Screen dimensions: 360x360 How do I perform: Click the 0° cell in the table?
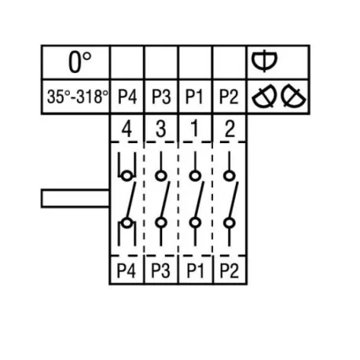click(x=76, y=61)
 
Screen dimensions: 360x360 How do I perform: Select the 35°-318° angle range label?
click(x=76, y=97)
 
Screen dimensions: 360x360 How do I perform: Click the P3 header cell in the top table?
click(x=161, y=97)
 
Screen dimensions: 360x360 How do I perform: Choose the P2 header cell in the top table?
click(x=229, y=97)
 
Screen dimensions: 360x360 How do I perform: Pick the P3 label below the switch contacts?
click(x=161, y=270)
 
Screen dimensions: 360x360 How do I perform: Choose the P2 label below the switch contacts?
click(x=229, y=270)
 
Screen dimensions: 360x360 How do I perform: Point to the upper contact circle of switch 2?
click(x=229, y=174)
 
